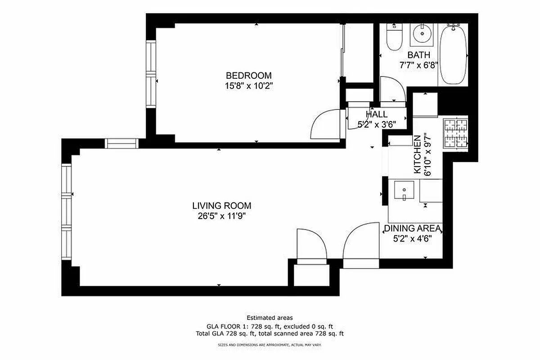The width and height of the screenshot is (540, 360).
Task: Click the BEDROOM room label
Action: click(x=248, y=76)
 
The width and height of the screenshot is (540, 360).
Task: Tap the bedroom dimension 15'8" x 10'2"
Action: click(x=248, y=85)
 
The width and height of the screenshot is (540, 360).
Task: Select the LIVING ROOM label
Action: click(x=221, y=206)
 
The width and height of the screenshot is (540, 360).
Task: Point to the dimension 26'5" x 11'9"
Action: click(x=221, y=216)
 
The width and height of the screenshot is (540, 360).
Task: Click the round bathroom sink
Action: click(x=423, y=33)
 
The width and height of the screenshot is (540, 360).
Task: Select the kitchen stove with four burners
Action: click(x=456, y=134)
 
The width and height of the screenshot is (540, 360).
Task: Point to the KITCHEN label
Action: click(x=417, y=154)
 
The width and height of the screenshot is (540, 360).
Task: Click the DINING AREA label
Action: click(x=412, y=229)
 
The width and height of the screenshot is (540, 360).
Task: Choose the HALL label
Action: click(x=377, y=114)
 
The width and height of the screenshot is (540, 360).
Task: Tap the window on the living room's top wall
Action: click(x=121, y=143)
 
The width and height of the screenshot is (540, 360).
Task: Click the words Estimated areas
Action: click(x=270, y=318)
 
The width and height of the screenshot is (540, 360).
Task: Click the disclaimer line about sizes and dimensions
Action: click(x=270, y=345)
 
